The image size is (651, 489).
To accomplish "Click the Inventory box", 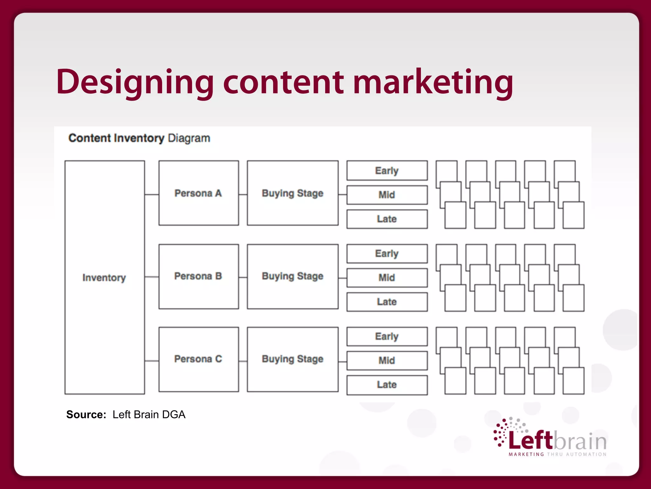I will coord(105,277).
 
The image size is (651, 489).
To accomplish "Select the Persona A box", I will coord(199,193).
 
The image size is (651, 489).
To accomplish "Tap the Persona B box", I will coord(199,276).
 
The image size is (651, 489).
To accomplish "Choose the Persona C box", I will coord(199,359).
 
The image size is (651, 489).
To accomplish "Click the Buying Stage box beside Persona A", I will coord(292,193).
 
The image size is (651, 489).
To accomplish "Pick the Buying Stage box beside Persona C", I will coord(292,359).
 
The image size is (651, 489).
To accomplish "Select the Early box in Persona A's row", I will coord(387,171).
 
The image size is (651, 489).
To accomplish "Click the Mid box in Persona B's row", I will coord(387,278).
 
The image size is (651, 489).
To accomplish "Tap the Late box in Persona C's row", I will coord(387,385).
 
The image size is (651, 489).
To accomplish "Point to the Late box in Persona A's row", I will coord(387,219).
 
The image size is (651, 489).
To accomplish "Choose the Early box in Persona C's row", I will coord(387,337).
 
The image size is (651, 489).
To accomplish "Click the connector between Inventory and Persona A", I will coord(152,195).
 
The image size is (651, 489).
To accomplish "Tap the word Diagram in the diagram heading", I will coord(189,138).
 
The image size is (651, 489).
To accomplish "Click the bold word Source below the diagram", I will coord(86,415).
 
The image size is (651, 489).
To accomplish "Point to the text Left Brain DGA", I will coord(149,415).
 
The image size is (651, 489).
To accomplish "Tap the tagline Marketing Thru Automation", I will coord(558,454).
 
